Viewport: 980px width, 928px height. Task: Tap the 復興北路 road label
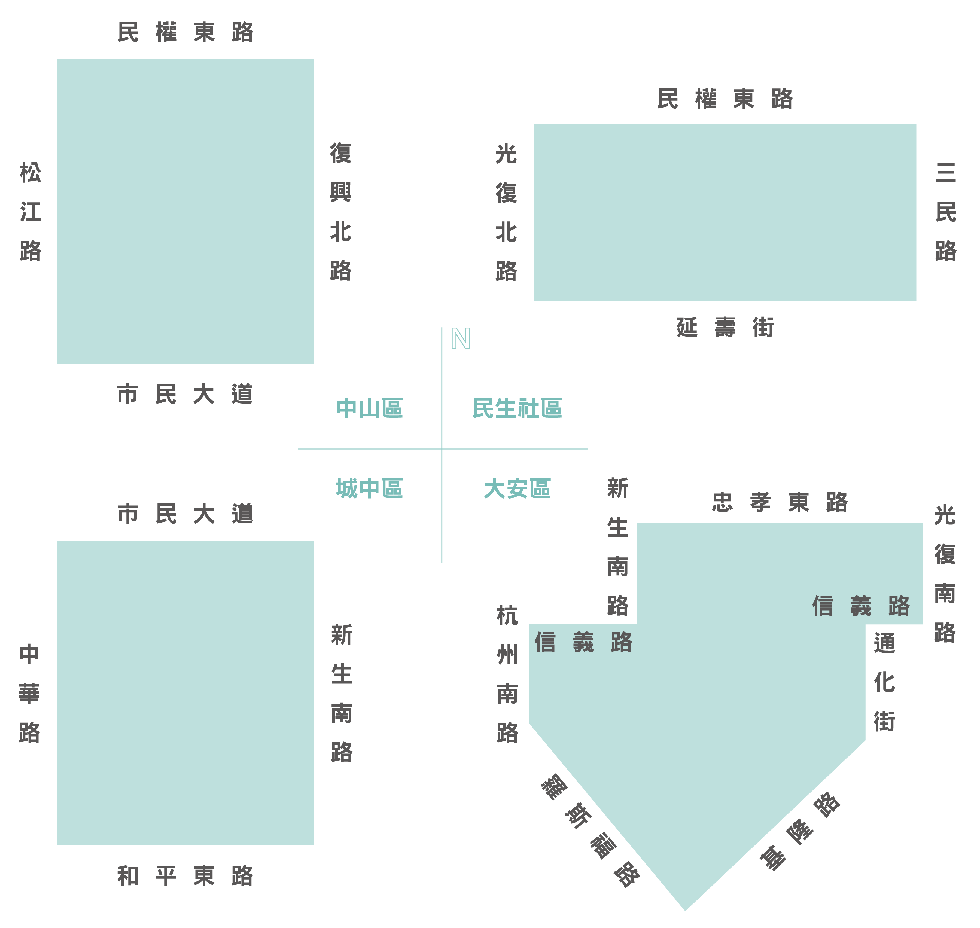pyautogui.click(x=340, y=212)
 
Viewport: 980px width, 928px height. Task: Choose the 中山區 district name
pyautogui.click(x=370, y=408)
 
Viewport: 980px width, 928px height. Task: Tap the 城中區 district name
pyautogui.click(x=370, y=488)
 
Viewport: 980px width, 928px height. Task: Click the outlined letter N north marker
pyautogui.click(x=461, y=339)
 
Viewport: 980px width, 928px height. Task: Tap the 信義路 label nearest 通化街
pyautogui.click(x=861, y=606)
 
